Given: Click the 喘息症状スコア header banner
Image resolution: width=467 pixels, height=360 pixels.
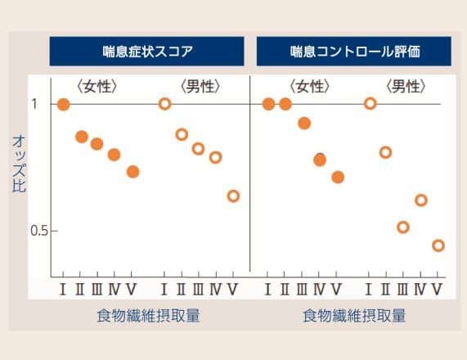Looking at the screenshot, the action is point(147,52).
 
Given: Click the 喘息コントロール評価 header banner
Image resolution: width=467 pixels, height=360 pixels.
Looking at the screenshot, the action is point(354,52).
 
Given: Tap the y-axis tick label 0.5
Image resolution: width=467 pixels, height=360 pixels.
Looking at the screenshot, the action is point(39,231).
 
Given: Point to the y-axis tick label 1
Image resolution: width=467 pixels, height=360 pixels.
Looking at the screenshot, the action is point(34,104).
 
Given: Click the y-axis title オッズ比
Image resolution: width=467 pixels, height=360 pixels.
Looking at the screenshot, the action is point(19,164).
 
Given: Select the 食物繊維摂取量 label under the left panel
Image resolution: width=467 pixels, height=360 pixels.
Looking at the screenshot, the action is point(148,316).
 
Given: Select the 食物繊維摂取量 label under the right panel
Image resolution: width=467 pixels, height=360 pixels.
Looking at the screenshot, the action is point(354,316).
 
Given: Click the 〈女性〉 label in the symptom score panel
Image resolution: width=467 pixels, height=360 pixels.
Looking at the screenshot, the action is point(97,87).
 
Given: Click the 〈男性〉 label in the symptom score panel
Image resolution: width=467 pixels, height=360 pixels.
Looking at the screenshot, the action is point(200,87).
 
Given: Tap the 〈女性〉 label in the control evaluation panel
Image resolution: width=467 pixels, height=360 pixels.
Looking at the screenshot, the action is point(310,87).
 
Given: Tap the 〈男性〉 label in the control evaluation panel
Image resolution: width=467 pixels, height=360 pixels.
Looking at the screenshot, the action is point(406,87).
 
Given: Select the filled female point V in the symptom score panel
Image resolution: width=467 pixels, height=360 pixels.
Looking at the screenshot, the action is point(132,172).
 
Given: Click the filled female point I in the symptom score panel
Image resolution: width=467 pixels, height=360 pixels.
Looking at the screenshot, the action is point(64,105).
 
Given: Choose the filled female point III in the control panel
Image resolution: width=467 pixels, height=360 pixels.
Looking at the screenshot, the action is point(304,123).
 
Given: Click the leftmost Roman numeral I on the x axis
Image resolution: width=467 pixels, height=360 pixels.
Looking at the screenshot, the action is point(62,290).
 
